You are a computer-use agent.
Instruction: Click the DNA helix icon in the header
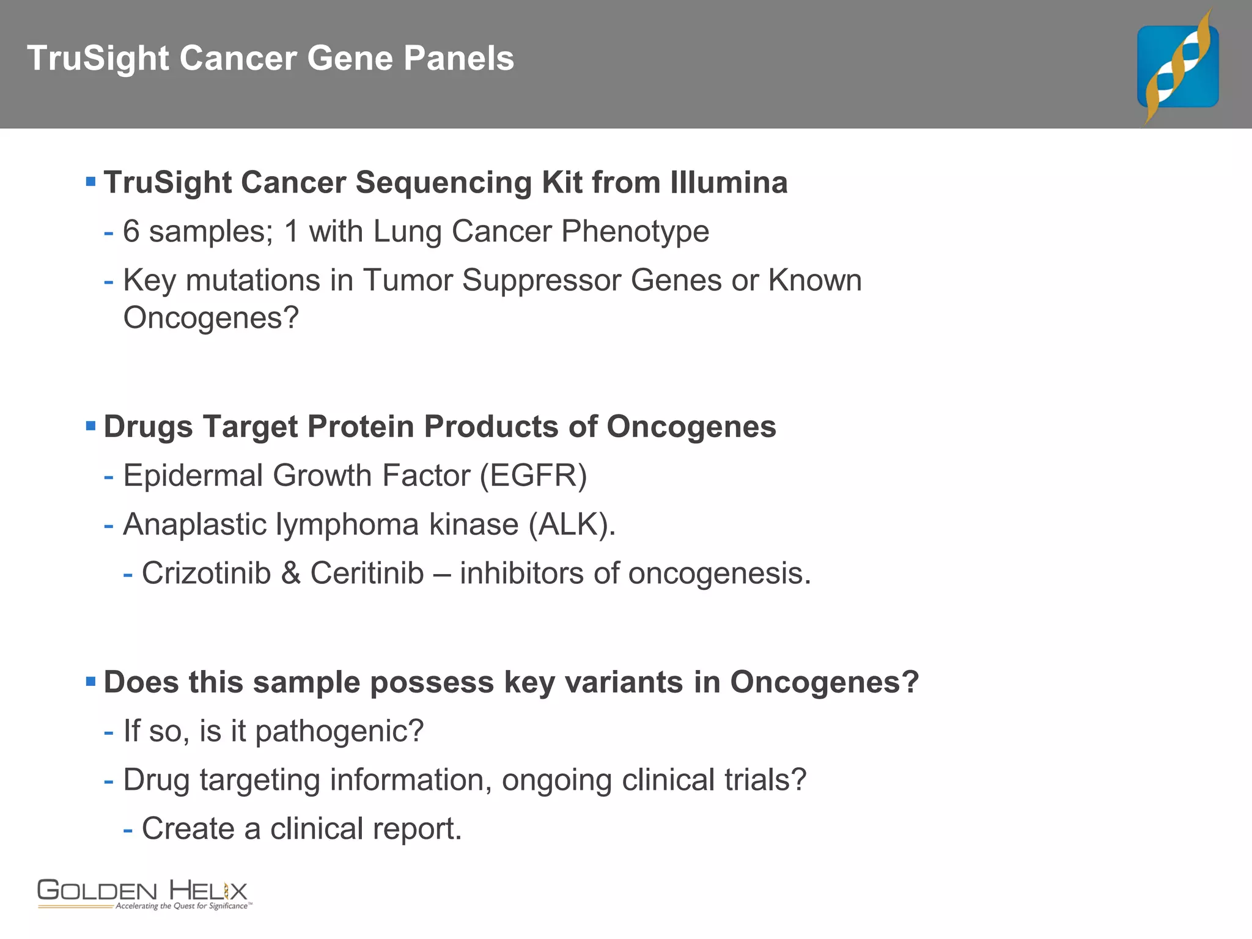[1177, 66]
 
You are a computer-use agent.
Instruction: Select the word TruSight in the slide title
[98, 59]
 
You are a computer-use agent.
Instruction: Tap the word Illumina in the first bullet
[729, 183]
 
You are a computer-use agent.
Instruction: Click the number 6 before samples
[131, 232]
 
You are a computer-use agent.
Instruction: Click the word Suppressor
[542, 281]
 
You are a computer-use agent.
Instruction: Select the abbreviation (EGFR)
[533, 476]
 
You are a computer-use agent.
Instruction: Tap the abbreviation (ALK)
[572, 525]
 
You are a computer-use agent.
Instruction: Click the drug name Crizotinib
[206, 573]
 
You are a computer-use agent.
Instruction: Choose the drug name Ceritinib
[367, 573]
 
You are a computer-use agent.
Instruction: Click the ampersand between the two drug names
[290, 573]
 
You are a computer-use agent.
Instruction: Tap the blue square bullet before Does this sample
[91, 681]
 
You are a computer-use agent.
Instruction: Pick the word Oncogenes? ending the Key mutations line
[211, 318]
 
